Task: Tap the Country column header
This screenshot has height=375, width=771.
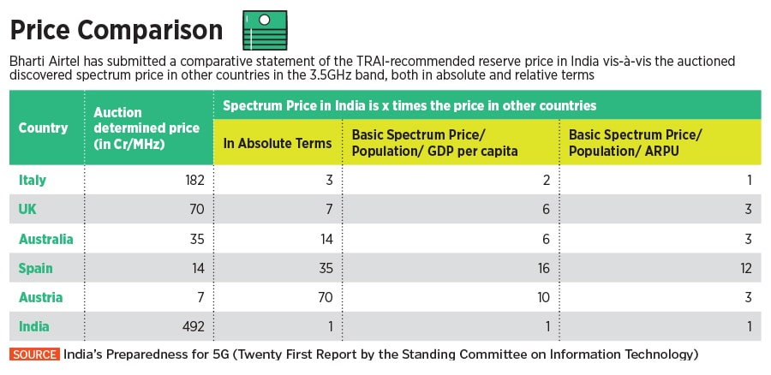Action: [43, 128]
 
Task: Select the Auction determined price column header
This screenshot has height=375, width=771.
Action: [146, 128]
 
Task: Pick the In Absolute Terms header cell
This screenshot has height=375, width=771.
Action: [278, 143]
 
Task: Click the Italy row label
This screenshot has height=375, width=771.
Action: [33, 180]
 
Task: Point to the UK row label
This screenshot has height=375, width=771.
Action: [29, 209]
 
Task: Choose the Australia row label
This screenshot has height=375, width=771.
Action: [46, 239]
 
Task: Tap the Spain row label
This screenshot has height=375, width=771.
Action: [36, 268]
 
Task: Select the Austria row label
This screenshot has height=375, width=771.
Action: [39, 297]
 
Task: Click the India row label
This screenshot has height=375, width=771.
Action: [34, 326]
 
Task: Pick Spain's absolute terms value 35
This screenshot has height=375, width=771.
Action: [324, 268]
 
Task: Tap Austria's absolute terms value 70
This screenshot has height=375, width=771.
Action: [324, 297]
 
